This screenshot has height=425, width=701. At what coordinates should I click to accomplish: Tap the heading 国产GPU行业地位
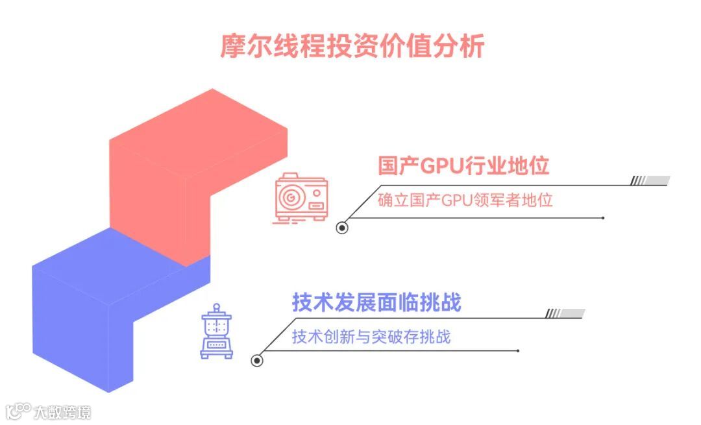[463, 165]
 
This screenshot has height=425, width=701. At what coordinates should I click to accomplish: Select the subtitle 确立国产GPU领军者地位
[465, 200]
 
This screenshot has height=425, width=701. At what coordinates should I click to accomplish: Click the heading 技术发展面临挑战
[376, 302]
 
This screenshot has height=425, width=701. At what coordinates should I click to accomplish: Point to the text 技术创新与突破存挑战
[371, 337]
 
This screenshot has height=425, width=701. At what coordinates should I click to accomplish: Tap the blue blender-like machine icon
[216, 332]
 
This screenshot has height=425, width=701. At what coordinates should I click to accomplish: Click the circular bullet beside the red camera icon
[342, 228]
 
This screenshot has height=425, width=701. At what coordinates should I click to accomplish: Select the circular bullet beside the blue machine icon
[257, 361]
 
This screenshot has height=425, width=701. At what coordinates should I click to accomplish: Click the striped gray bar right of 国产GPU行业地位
[650, 181]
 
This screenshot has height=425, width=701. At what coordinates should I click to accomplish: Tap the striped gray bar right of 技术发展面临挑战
[565, 314]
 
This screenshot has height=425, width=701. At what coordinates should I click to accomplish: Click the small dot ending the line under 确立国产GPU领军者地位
[603, 218]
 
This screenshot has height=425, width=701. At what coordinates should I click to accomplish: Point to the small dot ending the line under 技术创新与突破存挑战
[517, 351]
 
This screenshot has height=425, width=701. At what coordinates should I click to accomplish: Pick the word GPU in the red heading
[441, 166]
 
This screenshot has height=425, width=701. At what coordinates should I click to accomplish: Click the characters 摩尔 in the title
[245, 47]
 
